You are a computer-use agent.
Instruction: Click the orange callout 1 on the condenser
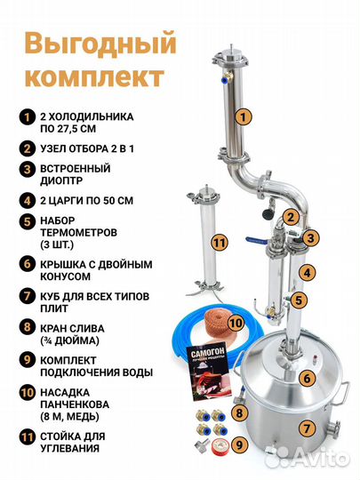[248, 115]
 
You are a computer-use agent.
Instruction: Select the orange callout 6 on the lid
[306, 380]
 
